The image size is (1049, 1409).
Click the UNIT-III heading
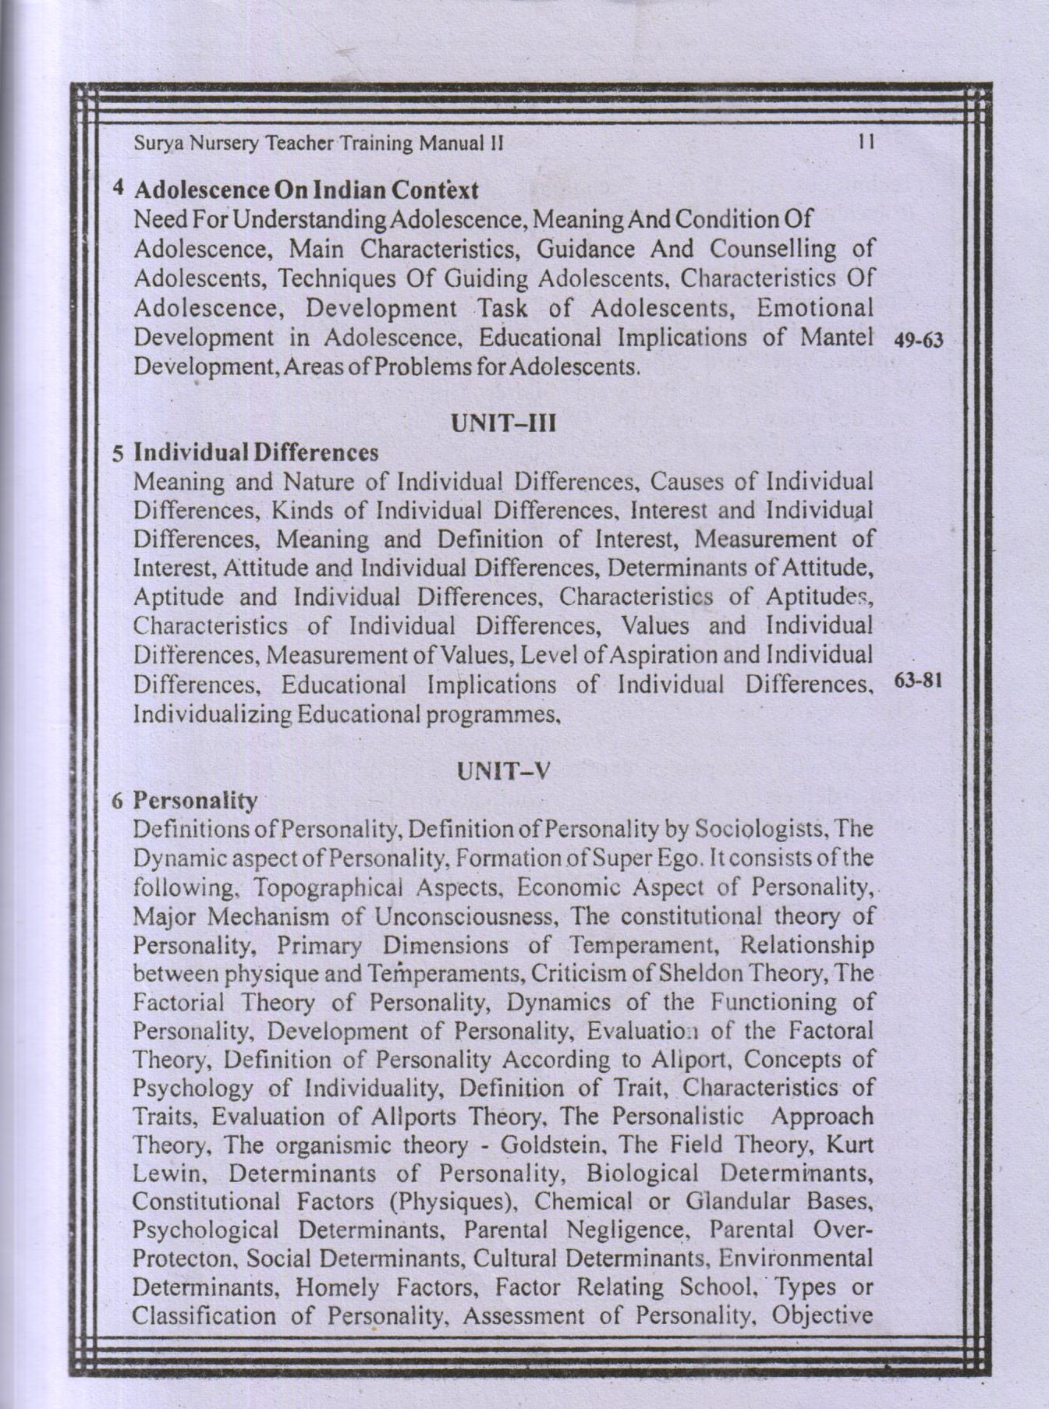tap(502, 424)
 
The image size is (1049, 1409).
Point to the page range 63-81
tap(920, 680)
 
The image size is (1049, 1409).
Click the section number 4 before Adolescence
tap(119, 188)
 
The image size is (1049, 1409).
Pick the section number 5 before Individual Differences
tap(118, 453)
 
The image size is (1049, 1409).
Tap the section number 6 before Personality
tap(118, 801)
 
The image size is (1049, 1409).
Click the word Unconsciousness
tap(468, 916)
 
